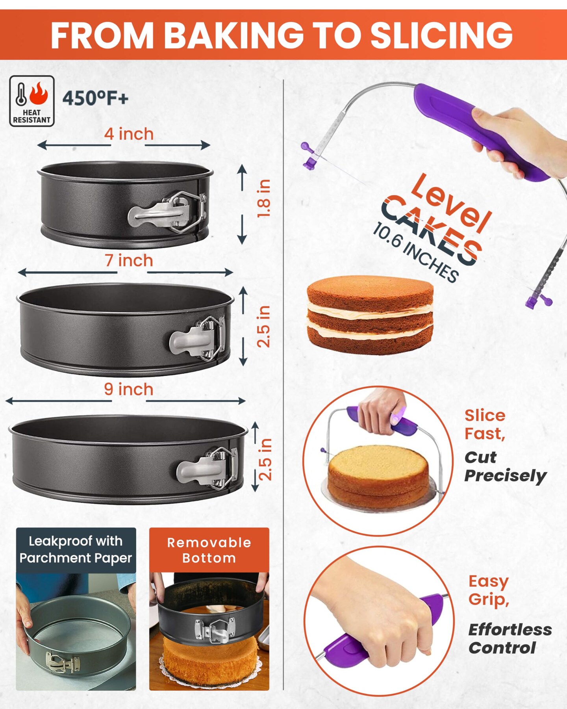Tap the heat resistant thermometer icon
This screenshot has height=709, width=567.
tap(31, 100)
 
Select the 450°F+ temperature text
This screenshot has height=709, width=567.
tap(95, 98)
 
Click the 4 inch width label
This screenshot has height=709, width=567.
tap(129, 134)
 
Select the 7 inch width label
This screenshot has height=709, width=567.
tap(129, 261)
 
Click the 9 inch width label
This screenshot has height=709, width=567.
tap(129, 390)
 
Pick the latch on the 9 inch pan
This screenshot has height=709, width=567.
tap(207, 468)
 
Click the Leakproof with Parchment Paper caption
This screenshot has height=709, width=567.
tap(76, 550)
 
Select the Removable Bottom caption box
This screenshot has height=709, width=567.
tap(209, 550)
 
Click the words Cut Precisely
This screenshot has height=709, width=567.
tap(505, 467)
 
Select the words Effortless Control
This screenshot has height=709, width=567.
tap(510, 638)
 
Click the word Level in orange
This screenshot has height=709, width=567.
tap(451, 203)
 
